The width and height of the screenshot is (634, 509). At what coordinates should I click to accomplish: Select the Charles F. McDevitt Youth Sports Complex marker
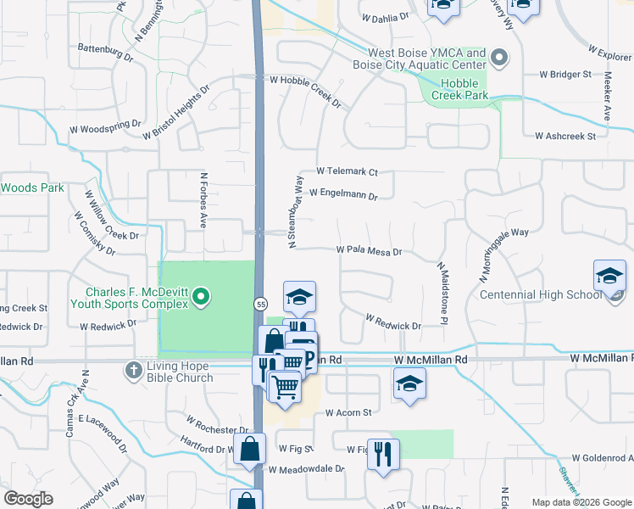[x=201, y=297]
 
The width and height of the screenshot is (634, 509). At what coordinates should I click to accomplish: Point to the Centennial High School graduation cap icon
[x=609, y=277]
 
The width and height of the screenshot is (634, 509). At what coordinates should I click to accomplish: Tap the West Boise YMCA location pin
[x=500, y=59]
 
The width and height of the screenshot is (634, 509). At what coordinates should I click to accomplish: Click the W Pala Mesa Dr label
[x=369, y=251]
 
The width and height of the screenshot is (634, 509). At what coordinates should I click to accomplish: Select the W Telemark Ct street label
[x=347, y=171]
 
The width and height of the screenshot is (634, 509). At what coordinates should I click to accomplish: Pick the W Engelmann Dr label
[x=342, y=193]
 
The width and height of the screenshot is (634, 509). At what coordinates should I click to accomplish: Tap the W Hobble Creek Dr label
[x=305, y=91]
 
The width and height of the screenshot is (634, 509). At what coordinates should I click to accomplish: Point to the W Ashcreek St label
[x=565, y=136]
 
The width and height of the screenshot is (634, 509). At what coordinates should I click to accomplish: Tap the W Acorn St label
[x=349, y=413]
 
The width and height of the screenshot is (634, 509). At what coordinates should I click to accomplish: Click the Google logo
[x=28, y=499]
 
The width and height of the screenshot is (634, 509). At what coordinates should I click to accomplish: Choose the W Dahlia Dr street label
[x=385, y=17]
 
